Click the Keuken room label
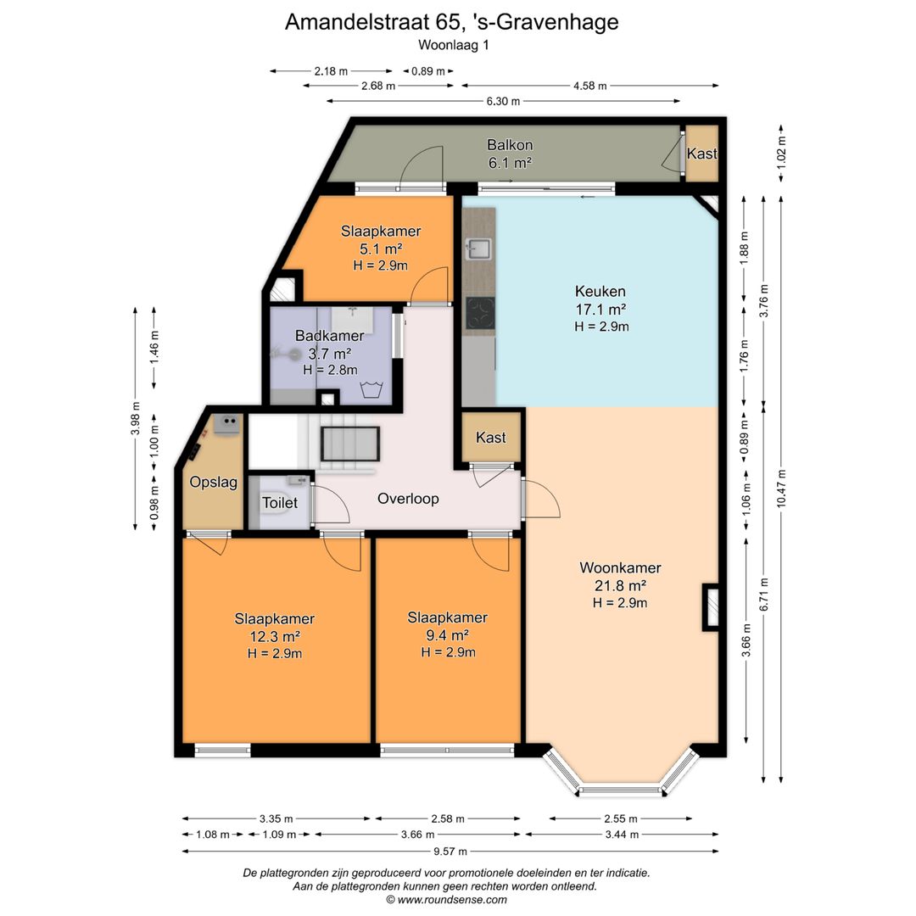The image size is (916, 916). pos(600,291)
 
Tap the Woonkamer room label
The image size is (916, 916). pos(620,567)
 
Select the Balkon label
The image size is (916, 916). pos(510,145)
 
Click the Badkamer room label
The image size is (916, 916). pos(329,336)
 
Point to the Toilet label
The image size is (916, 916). pos(279,502)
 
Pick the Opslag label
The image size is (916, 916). pos(213,483)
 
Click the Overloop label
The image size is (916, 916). pos(408,499)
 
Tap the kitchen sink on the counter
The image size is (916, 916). pos(478,249)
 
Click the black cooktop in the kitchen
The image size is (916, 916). pos(480,312)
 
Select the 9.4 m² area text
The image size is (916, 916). pos(448,635)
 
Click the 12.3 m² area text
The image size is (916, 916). pos(275,636)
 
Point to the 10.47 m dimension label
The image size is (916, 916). pos(782,489)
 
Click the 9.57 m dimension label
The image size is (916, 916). pos(450,852)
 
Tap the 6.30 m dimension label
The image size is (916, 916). pos(503,101)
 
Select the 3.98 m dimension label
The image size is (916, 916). pos(136,418)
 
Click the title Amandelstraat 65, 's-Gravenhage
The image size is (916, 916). pos(451,22)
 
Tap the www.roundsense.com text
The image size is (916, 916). pos(452,900)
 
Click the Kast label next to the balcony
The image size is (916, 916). pos(701,154)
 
